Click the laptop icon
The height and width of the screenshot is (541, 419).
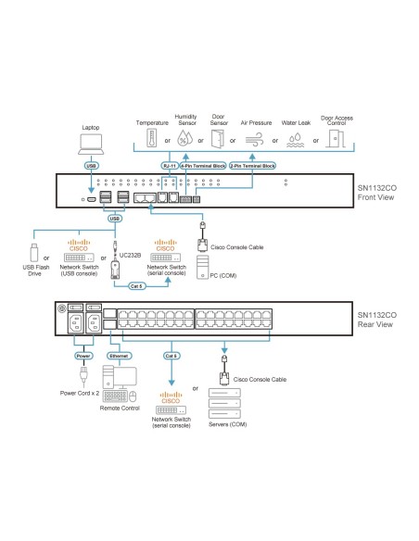91,144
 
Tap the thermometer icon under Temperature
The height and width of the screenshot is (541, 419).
152,139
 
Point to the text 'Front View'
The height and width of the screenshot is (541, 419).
374,195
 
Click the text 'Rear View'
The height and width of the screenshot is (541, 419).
374,323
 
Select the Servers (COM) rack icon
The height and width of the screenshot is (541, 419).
225,404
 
